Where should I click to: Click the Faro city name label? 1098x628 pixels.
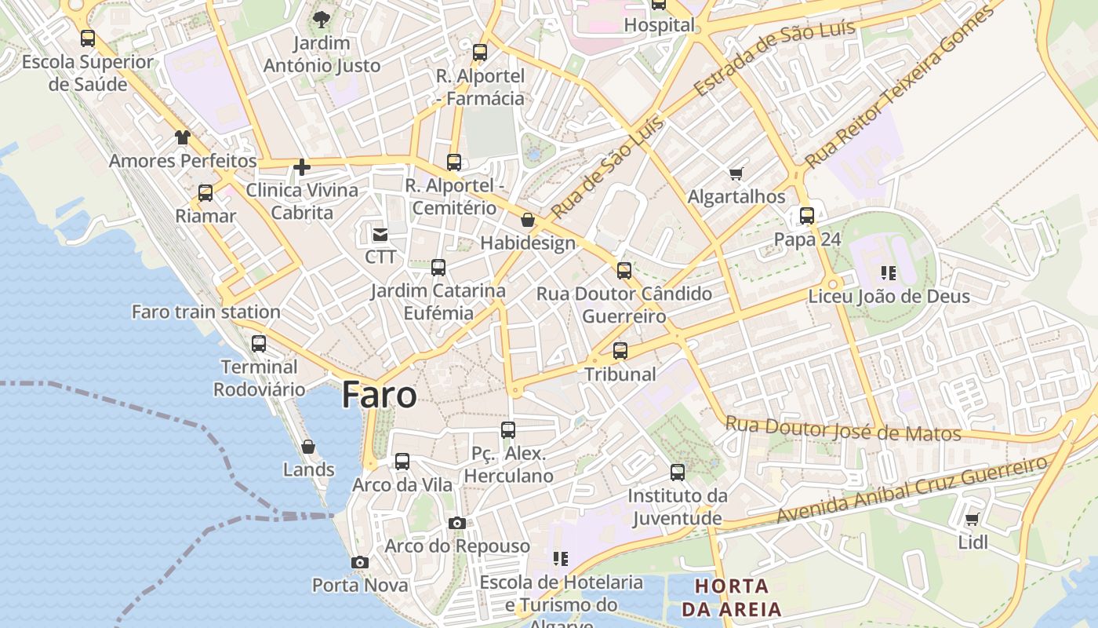379,395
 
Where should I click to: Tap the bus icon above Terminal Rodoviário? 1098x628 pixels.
259,343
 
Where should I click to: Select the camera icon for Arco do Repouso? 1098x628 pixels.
457,523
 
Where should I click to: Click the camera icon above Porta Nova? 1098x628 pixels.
360,562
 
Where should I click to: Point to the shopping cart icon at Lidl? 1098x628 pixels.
973,519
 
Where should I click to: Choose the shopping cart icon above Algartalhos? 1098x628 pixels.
736,173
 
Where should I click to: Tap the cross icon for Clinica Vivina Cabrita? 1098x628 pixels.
302,166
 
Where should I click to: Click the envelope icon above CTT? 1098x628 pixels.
380,234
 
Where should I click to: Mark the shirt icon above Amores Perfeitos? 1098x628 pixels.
183,137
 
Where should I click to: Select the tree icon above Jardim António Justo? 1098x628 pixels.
322,20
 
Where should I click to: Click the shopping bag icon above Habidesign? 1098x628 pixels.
528,220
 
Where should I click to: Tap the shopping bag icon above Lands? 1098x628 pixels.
308,447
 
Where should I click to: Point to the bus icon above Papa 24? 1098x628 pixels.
807,216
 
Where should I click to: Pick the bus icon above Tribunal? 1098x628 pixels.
620,351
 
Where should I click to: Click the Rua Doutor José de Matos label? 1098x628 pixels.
842,429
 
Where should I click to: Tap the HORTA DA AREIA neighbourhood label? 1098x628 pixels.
732,597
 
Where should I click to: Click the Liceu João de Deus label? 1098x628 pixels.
889,297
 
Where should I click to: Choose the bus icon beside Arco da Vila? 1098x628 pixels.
402,462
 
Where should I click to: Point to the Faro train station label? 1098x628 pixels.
205,312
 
